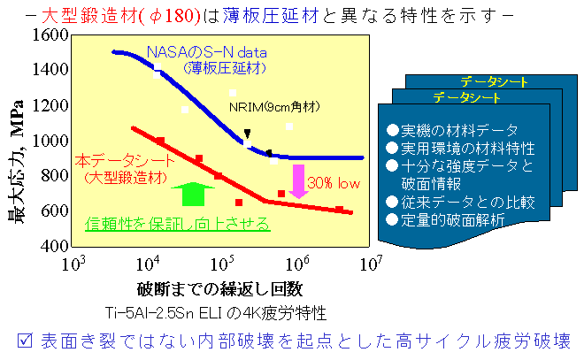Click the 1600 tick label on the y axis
[50, 35]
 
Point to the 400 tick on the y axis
[55, 246]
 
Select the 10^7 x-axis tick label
[372, 264]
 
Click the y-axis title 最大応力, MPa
[17, 162]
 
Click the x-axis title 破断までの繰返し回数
[219, 289]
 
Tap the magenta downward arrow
[298, 181]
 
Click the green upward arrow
[193, 194]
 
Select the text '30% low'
[334, 183]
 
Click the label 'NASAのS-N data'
[207, 52]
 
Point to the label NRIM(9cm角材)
[274, 107]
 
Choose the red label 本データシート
[125, 161]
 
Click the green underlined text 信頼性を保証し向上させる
[177, 224]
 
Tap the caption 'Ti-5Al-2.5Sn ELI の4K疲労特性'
[216, 313]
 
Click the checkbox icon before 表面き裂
[25, 341]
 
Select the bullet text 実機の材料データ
[459, 131]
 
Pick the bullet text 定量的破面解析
[452, 220]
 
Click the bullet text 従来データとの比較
[468, 203]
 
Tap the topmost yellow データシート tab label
[495, 81]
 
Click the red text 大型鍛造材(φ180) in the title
[121, 16]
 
